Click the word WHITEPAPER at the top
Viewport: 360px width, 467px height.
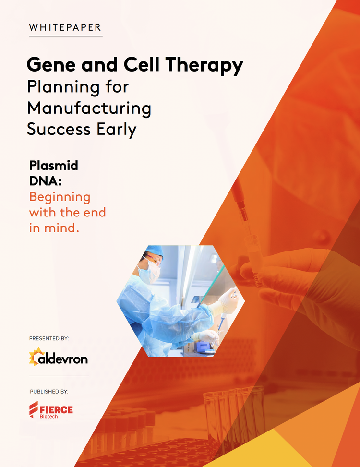coord(65,27)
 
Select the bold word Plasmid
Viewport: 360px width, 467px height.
coord(53,166)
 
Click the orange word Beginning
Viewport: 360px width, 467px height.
coord(60,197)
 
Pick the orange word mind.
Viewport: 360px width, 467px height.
coord(61,228)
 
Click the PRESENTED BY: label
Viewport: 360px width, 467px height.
coord(49,338)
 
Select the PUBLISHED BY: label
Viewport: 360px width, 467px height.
coord(49,392)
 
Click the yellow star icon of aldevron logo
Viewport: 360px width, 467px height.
coord(36,357)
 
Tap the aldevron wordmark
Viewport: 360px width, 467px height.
coord(65,358)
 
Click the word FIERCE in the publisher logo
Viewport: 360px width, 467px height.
coord(57,409)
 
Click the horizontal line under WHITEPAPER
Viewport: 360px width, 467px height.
coord(65,36)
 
